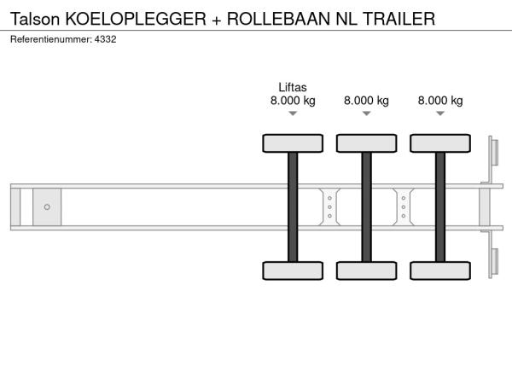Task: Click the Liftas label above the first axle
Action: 293,87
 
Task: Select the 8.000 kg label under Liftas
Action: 293,101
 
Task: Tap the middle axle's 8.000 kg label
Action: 366,101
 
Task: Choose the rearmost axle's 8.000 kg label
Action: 440,101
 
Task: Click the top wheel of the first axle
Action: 293,143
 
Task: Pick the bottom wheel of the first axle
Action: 293,271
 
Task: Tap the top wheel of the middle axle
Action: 366,143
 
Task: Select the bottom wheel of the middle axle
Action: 366,271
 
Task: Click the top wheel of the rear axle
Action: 440,143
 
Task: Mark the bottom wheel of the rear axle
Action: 440,271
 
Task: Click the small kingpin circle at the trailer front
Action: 47,207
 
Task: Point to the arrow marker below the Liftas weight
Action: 293,114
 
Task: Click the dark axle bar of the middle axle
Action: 366,207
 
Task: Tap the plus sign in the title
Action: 219,17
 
